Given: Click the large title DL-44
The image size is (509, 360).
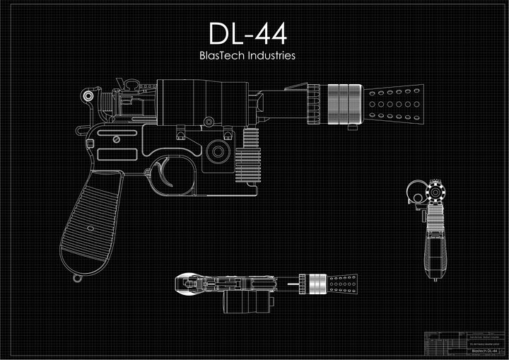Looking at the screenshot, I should tap(247, 33).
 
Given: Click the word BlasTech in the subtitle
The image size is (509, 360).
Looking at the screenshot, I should tap(222, 55).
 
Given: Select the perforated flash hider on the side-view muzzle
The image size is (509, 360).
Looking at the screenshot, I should tap(393, 102).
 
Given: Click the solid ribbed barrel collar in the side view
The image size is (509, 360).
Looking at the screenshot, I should tap(344, 102).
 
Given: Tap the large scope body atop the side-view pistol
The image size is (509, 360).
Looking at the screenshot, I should tap(201, 100).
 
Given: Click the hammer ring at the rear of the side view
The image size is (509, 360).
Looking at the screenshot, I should tap(88, 95).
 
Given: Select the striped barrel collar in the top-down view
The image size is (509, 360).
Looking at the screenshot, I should tap(315, 284).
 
